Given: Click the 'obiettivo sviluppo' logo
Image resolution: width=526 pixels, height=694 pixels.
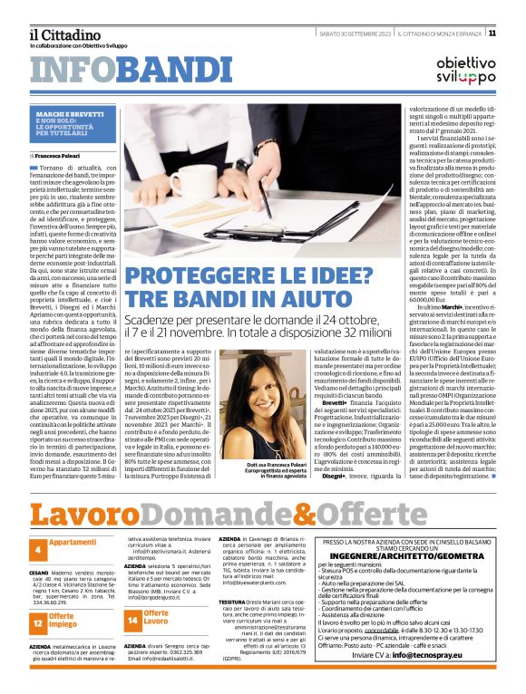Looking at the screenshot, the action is point(465,72).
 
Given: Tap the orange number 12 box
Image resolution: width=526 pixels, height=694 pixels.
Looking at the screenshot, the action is point(39,622).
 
